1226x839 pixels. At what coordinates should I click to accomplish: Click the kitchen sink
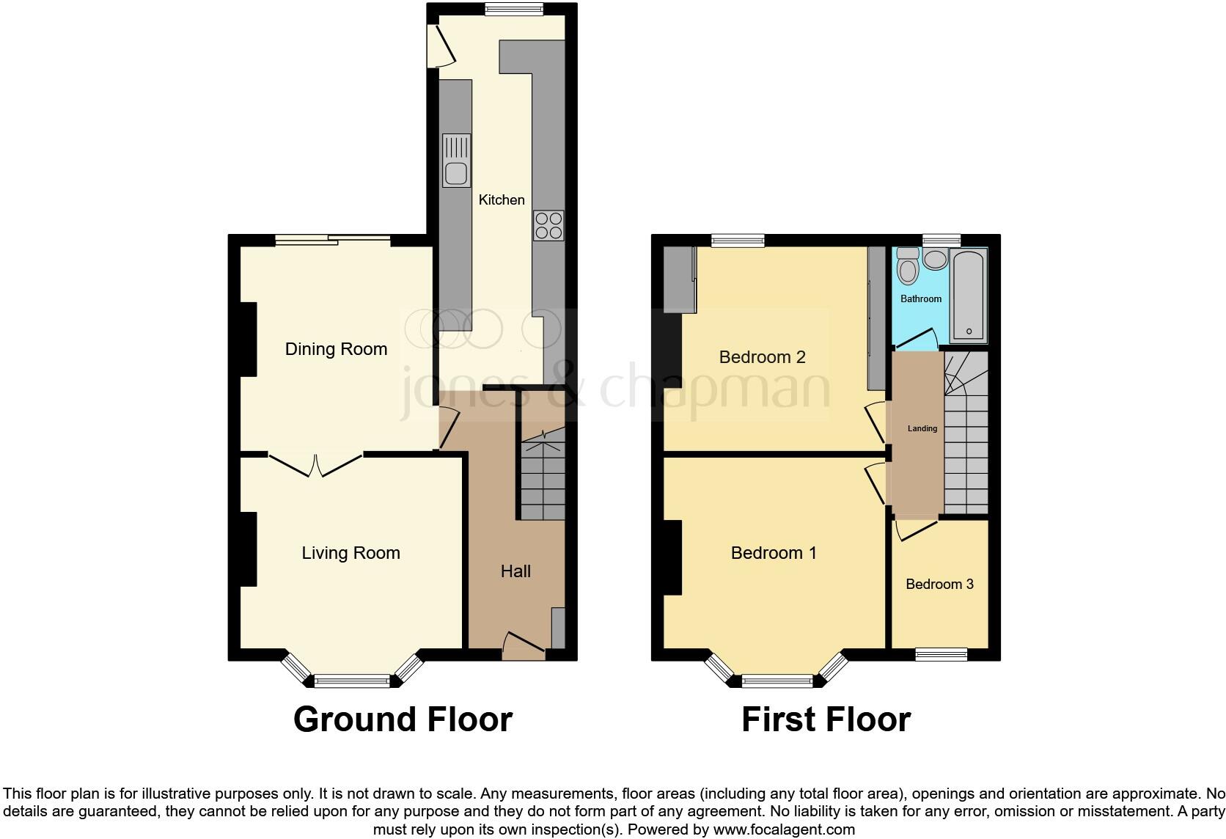click(456, 161)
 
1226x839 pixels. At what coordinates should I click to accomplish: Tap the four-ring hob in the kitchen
click(548, 224)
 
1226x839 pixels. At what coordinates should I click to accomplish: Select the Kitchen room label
click(502, 199)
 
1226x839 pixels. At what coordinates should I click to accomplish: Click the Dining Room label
click(336, 349)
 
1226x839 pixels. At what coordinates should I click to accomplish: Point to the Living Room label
click(350, 553)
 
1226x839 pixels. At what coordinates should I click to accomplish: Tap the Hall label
click(515, 571)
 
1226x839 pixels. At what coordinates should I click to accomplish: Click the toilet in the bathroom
click(908, 266)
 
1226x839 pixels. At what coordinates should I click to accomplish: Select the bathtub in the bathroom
click(969, 296)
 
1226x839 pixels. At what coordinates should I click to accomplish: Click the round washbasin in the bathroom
click(935, 259)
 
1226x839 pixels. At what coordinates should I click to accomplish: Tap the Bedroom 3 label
click(939, 585)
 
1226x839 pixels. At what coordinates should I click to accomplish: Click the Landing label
click(922, 428)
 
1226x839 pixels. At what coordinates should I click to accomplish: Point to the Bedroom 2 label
click(762, 357)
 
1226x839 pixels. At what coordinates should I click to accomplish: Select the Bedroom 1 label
click(774, 553)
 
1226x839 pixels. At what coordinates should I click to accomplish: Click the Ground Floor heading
click(403, 719)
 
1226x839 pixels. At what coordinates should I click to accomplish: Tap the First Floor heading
click(826, 719)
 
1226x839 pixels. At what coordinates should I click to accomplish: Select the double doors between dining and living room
click(316, 464)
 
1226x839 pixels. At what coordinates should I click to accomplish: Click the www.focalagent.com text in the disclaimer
click(784, 830)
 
